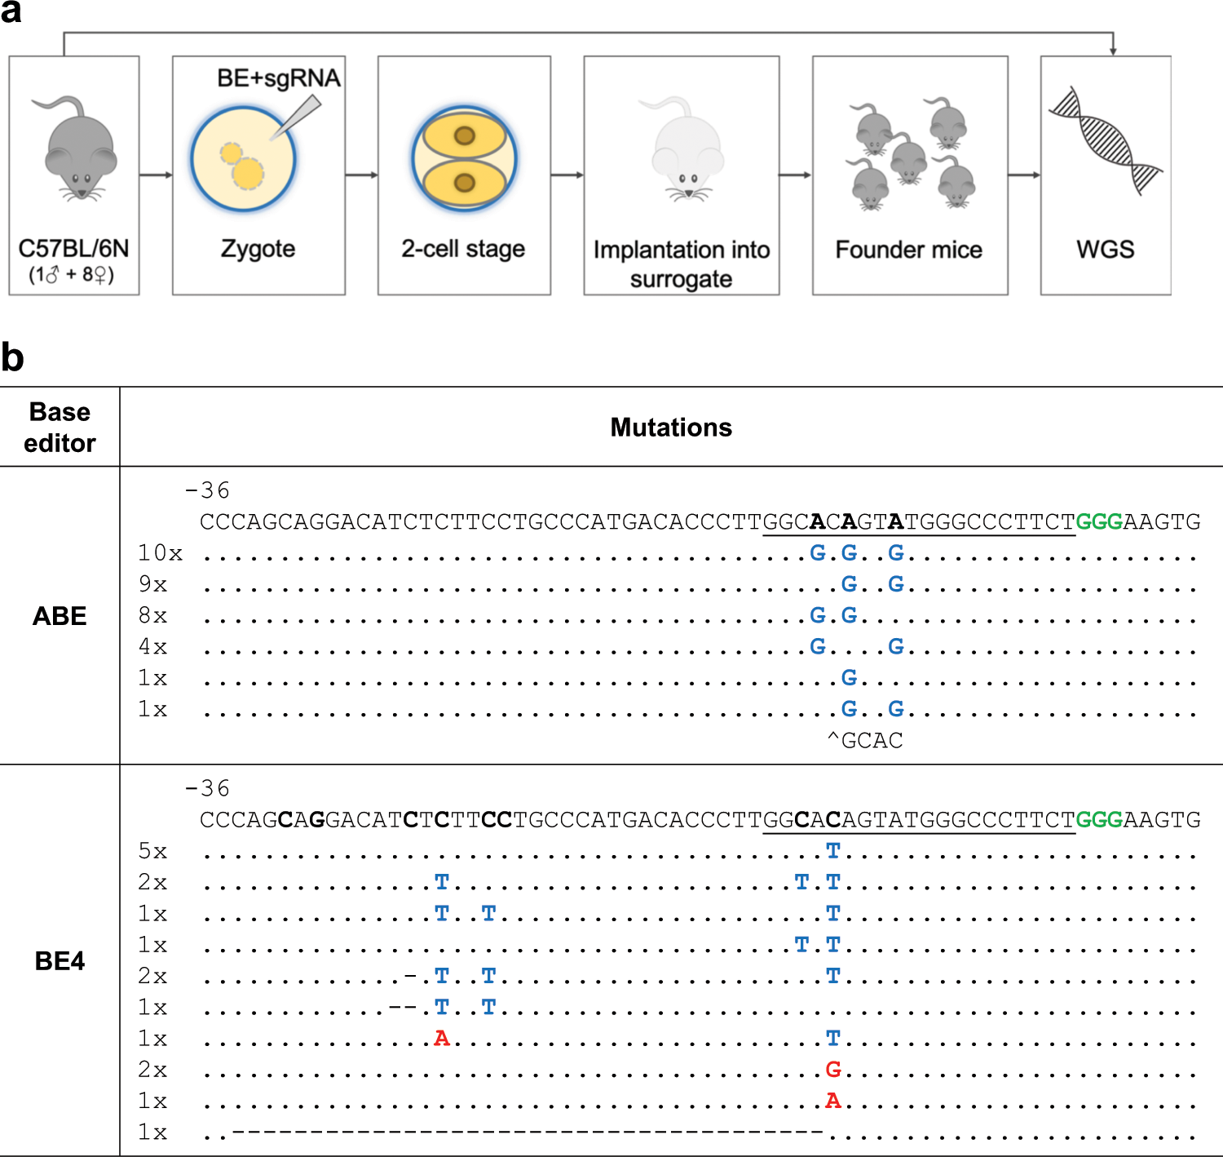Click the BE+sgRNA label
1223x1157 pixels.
(278, 78)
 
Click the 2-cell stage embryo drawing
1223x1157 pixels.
(464, 158)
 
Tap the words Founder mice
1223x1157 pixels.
(908, 250)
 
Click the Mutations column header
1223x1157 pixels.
(671, 428)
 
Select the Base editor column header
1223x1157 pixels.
(60, 427)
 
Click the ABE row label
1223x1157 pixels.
(60, 616)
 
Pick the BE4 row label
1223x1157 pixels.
(60, 961)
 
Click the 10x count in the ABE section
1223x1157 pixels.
(160, 553)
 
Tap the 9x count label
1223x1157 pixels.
(152, 584)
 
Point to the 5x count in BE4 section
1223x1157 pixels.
(152, 851)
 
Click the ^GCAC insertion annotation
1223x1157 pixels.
(865, 741)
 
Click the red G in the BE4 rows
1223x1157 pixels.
(832, 1070)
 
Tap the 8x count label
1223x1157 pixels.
(152, 615)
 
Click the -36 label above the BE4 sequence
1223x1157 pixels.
(207, 788)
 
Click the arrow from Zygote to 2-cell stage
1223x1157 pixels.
(361, 175)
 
